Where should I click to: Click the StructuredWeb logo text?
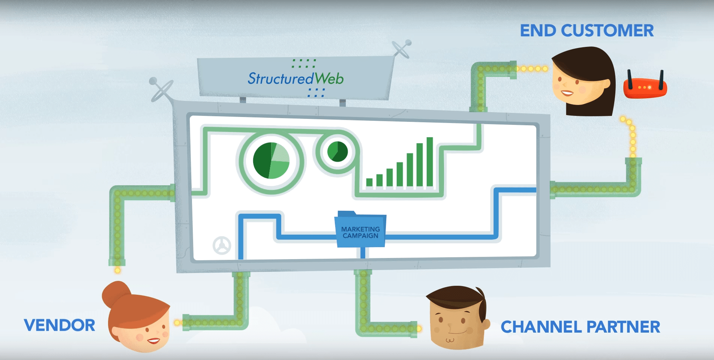click(295, 78)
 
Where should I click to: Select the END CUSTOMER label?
click(586, 31)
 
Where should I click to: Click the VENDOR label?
click(59, 325)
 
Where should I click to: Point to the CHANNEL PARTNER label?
click(580, 327)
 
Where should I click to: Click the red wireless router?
click(645, 87)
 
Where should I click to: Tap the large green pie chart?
click(271, 160)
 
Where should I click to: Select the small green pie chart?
click(337, 151)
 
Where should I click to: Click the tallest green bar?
click(430, 162)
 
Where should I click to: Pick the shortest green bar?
click(369, 182)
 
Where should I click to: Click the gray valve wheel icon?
click(222, 246)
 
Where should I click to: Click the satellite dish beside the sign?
click(401, 49)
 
